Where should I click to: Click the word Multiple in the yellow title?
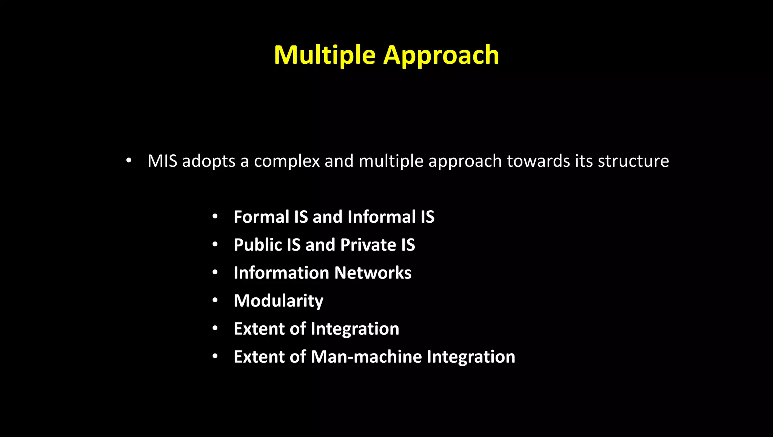(324, 55)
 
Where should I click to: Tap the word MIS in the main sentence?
(162, 161)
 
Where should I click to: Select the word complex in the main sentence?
(287, 162)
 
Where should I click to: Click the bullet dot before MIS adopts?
(129, 160)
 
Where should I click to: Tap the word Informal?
(382, 217)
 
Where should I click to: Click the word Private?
(368, 245)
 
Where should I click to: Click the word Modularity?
(278, 301)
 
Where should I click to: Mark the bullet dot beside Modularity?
(215, 300)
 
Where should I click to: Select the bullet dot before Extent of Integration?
(215, 328)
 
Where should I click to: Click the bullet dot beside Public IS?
(215, 245)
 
